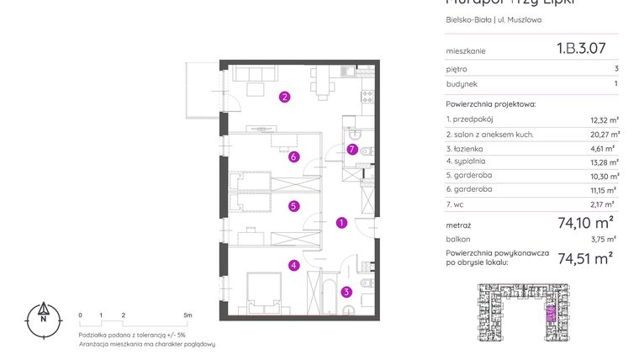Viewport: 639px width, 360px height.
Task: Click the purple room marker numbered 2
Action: [x=285, y=97]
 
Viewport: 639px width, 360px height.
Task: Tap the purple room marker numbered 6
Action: [x=293, y=156]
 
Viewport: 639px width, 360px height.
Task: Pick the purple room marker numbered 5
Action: [x=293, y=205]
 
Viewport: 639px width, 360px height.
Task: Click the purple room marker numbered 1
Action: [x=341, y=223]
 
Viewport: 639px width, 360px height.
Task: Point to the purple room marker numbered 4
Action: [x=293, y=266]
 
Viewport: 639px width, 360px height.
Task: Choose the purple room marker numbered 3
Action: [x=346, y=293]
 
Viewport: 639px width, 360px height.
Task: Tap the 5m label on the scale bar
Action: [x=187, y=315]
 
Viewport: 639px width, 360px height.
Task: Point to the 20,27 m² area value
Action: [x=605, y=134]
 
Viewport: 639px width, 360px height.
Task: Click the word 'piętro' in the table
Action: [x=457, y=69]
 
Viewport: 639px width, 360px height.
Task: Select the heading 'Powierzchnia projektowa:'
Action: [x=490, y=104]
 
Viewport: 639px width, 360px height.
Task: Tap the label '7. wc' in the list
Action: [x=457, y=204]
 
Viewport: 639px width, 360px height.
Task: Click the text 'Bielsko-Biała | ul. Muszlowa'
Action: [x=494, y=20]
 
